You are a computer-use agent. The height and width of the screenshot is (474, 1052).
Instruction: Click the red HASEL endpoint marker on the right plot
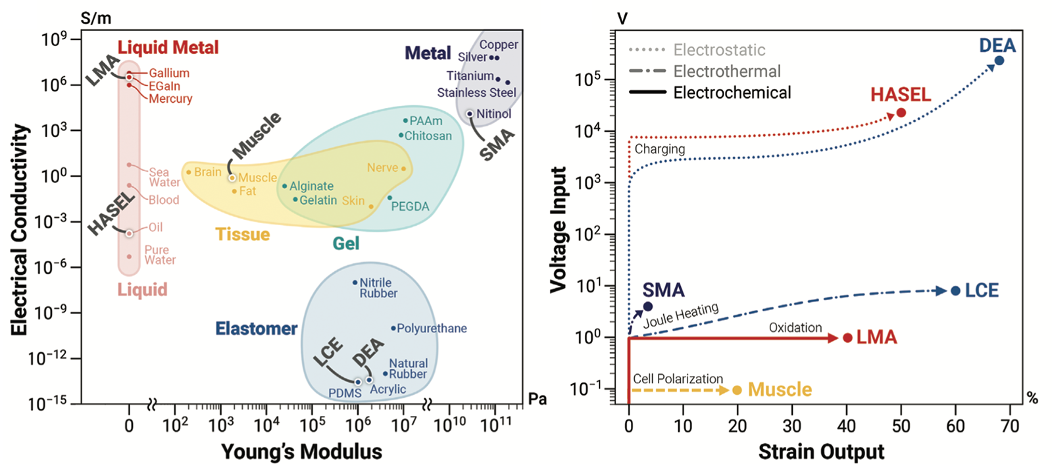(x=901, y=113)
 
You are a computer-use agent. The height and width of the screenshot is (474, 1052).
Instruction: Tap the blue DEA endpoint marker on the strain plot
(x=999, y=61)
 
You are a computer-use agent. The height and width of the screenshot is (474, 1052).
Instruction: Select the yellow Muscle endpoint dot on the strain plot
(x=737, y=390)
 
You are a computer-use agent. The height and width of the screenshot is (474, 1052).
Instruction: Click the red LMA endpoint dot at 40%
(x=847, y=338)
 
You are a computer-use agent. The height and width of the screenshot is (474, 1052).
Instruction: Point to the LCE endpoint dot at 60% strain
(x=955, y=290)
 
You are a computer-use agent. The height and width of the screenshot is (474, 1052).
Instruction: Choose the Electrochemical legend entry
(x=732, y=93)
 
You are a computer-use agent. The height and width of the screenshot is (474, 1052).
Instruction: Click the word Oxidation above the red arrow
(x=795, y=327)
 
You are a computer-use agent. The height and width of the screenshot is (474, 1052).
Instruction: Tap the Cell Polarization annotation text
(x=678, y=379)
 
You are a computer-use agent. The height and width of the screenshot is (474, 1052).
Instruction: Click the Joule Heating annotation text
(x=681, y=315)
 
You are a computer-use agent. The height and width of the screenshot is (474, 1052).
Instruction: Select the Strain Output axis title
(x=821, y=452)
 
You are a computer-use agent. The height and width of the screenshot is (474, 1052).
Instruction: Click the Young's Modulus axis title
(x=301, y=452)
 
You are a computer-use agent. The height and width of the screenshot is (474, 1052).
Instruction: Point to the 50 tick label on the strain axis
(x=901, y=426)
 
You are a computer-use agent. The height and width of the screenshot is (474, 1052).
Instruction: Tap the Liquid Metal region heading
(x=168, y=47)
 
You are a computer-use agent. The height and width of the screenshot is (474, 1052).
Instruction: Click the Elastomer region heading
(x=257, y=329)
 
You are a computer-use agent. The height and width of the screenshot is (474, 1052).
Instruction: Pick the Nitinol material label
(x=493, y=114)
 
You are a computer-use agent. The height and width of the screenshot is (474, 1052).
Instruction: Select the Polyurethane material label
(x=432, y=328)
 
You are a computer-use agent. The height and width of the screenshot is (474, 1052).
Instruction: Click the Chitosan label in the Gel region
(x=428, y=136)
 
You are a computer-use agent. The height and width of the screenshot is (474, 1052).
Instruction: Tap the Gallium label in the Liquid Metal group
(x=168, y=73)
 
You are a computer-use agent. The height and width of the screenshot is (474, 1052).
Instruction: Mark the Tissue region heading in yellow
(x=243, y=234)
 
